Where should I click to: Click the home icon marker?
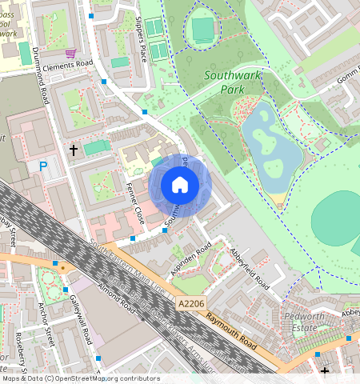179,186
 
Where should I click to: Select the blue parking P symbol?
43,166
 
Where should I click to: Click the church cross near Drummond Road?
73,150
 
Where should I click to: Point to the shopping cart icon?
70,54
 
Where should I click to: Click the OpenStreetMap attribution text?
80,378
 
